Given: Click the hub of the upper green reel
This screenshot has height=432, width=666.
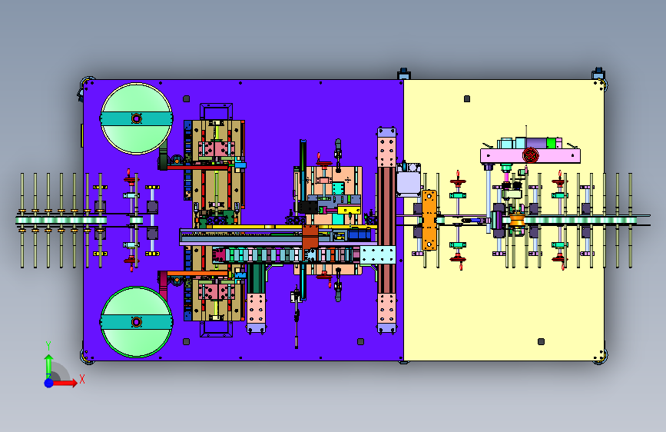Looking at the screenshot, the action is click(x=136, y=118).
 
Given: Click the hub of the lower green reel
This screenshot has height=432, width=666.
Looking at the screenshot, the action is click(x=136, y=322).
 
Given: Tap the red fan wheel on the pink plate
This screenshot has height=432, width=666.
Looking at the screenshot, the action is click(x=531, y=155).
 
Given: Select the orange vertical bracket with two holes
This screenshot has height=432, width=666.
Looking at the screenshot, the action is click(x=429, y=220).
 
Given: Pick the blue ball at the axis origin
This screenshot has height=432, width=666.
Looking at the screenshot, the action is click(x=49, y=383).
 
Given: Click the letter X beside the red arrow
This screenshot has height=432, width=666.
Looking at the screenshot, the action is click(x=82, y=379).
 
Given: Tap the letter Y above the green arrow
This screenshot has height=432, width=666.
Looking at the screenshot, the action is click(x=48, y=346).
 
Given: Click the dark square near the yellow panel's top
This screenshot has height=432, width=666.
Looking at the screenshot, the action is click(x=467, y=98).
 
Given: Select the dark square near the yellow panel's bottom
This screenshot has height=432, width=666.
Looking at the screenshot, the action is click(x=541, y=341).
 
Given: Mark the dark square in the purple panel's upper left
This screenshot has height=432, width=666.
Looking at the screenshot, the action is click(x=186, y=98).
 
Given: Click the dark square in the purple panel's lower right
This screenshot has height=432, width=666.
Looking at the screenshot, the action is click(x=360, y=341).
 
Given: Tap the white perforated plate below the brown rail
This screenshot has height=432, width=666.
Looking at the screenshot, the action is click(x=378, y=254).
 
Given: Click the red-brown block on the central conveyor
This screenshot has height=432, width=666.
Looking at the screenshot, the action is click(x=310, y=238).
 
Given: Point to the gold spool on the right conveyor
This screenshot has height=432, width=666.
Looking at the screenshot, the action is click(x=517, y=221).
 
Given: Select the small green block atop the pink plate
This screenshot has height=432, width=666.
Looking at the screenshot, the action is click(x=551, y=142).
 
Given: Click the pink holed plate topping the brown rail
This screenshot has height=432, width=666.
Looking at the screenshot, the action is click(x=386, y=147).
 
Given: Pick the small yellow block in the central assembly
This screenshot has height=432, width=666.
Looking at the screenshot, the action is click(x=350, y=210).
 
